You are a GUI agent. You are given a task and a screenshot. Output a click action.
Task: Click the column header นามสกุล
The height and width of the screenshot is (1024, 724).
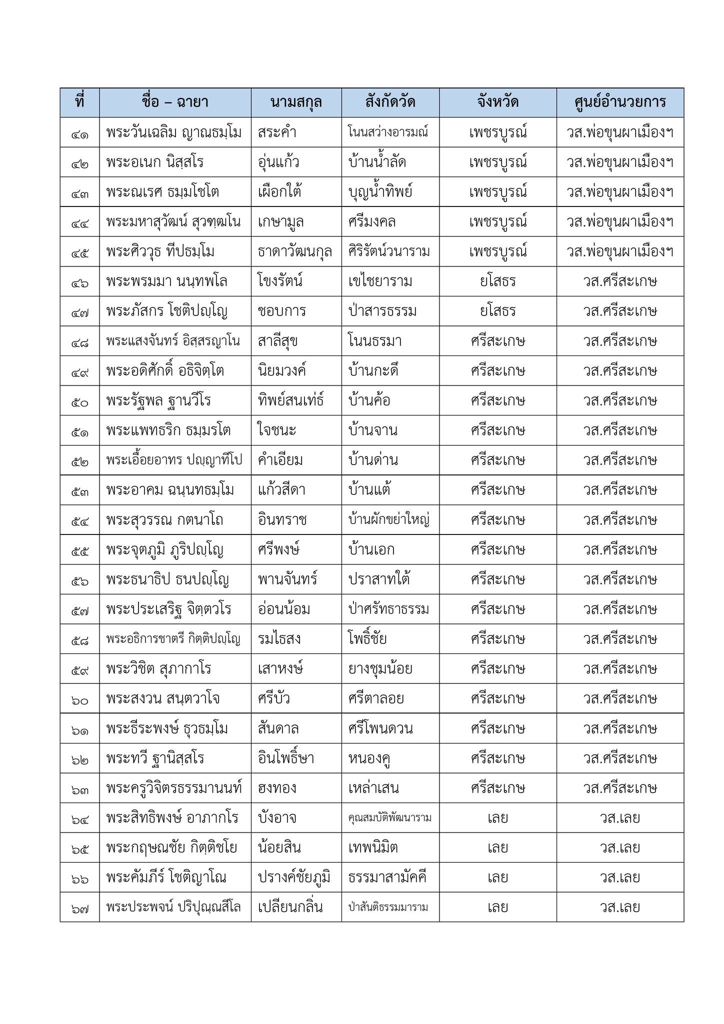pyautogui.click(x=296, y=102)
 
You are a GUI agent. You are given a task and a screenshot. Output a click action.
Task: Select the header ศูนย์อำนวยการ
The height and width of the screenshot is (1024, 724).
pyautogui.click(x=620, y=102)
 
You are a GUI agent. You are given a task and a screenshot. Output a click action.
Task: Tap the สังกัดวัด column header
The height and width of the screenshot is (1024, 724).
pyautogui.click(x=390, y=102)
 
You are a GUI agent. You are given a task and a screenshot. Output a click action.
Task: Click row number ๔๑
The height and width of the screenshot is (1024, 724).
pyautogui.click(x=79, y=133)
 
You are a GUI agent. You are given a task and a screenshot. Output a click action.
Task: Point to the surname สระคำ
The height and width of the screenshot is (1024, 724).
pyautogui.click(x=277, y=132)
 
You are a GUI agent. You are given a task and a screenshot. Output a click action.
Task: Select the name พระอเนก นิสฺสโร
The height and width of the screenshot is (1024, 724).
pyautogui.click(x=155, y=162)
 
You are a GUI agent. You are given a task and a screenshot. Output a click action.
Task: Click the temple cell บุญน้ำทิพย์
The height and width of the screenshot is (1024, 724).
pyautogui.click(x=380, y=192)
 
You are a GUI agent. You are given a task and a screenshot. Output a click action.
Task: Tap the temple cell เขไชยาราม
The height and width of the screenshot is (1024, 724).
pyautogui.click(x=380, y=281)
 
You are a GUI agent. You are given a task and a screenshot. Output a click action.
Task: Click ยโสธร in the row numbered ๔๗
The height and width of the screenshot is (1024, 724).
pyautogui.click(x=497, y=311)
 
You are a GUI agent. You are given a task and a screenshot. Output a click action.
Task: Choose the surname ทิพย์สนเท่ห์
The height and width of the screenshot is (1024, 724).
pyautogui.click(x=291, y=400)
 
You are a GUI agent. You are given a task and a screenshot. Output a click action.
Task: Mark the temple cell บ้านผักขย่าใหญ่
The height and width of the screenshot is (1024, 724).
pyautogui.click(x=389, y=520)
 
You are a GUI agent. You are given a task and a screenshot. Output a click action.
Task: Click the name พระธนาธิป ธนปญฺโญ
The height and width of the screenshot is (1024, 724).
pyautogui.click(x=167, y=579)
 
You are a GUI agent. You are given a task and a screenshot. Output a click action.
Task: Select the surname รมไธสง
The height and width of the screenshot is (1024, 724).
pyautogui.click(x=279, y=639)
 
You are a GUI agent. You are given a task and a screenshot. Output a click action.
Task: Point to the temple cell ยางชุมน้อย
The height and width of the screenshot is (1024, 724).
pyautogui.click(x=380, y=668)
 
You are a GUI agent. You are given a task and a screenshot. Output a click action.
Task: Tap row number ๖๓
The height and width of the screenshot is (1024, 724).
pyautogui.click(x=79, y=788)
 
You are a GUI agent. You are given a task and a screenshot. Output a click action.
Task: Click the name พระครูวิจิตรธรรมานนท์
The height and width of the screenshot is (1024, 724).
pyautogui.click(x=174, y=788)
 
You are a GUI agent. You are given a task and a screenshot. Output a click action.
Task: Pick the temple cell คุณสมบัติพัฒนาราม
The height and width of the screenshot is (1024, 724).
pyautogui.click(x=390, y=818)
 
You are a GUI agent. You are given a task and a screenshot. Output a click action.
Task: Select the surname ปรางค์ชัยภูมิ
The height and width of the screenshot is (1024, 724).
pyautogui.click(x=294, y=877)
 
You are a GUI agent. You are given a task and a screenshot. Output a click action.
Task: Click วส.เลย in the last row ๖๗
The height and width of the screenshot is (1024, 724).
pyautogui.click(x=620, y=907)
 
